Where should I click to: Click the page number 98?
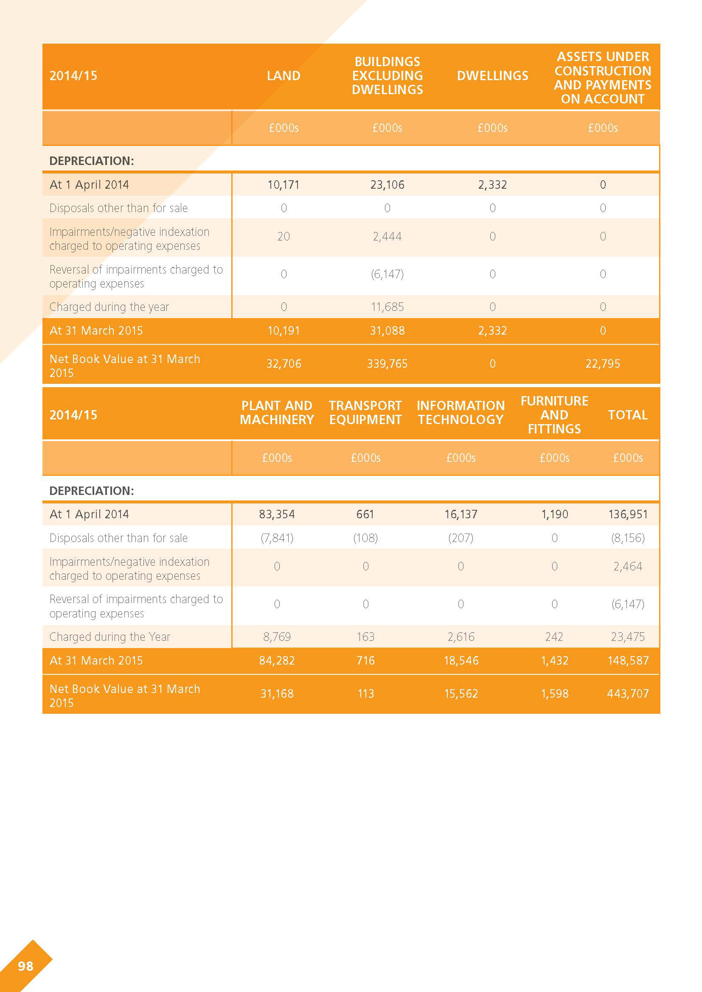pyautogui.click(x=25, y=966)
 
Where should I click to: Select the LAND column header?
pyautogui.click(x=284, y=75)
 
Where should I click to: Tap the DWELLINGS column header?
pyautogui.click(x=492, y=75)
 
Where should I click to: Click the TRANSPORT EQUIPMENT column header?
pyautogui.click(x=365, y=413)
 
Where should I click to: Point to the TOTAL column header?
pyautogui.click(x=628, y=415)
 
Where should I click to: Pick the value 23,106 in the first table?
pyautogui.click(x=388, y=185)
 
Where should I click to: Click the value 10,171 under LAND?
pyautogui.click(x=284, y=185)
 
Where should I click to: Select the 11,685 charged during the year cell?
pyautogui.click(x=388, y=307)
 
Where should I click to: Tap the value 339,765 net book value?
pyautogui.click(x=388, y=364)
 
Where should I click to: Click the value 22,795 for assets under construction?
pyautogui.click(x=603, y=364)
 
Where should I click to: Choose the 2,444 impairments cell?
pyautogui.click(x=388, y=236)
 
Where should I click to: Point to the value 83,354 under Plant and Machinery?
pyautogui.click(x=277, y=514)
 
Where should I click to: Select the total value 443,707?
pyautogui.click(x=628, y=693)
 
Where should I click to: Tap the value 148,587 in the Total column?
pyautogui.click(x=628, y=660)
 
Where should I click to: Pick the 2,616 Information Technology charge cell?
pyautogui.click(x=461, y=637)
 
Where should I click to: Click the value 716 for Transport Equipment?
pyautogui.click(x=365, y=660)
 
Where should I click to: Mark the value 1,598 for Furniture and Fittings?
pyautogui.click(x=555, y=693)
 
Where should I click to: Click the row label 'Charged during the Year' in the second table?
pyautogui.click(x=110, y=637)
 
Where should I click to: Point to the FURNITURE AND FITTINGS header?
pyautogui.click(x=555, y=415)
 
